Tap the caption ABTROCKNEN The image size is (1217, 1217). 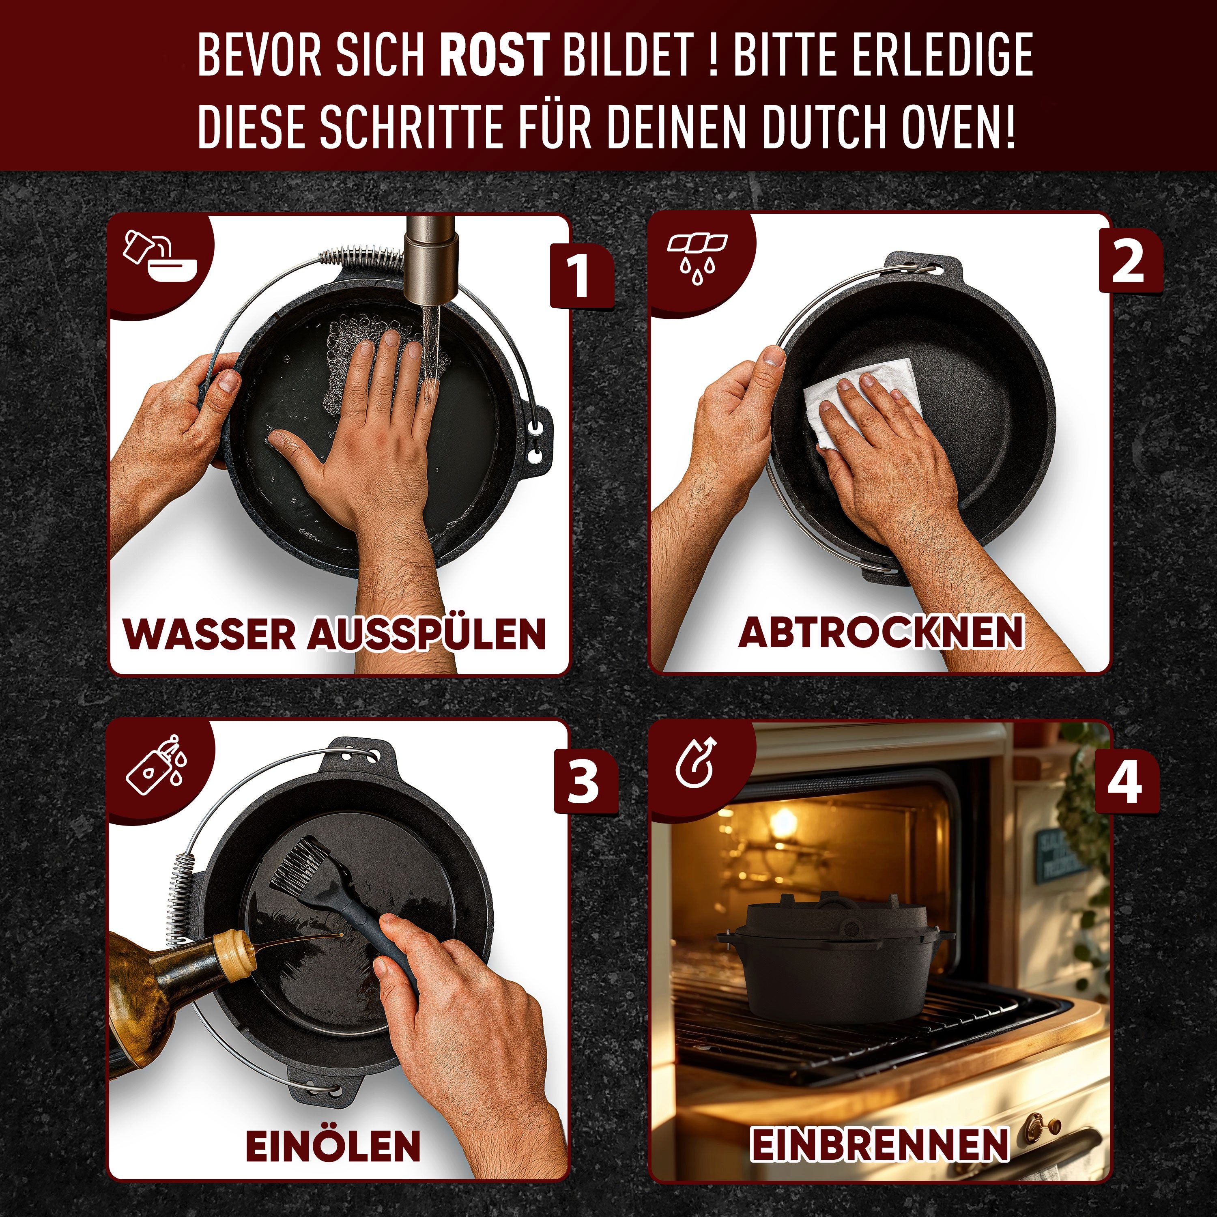pyautogui.click(x=881, y=632)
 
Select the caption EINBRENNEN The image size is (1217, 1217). pyautogui.click(x=879, y=1144)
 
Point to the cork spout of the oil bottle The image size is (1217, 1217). pyautogui.click(x=234, y=947)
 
